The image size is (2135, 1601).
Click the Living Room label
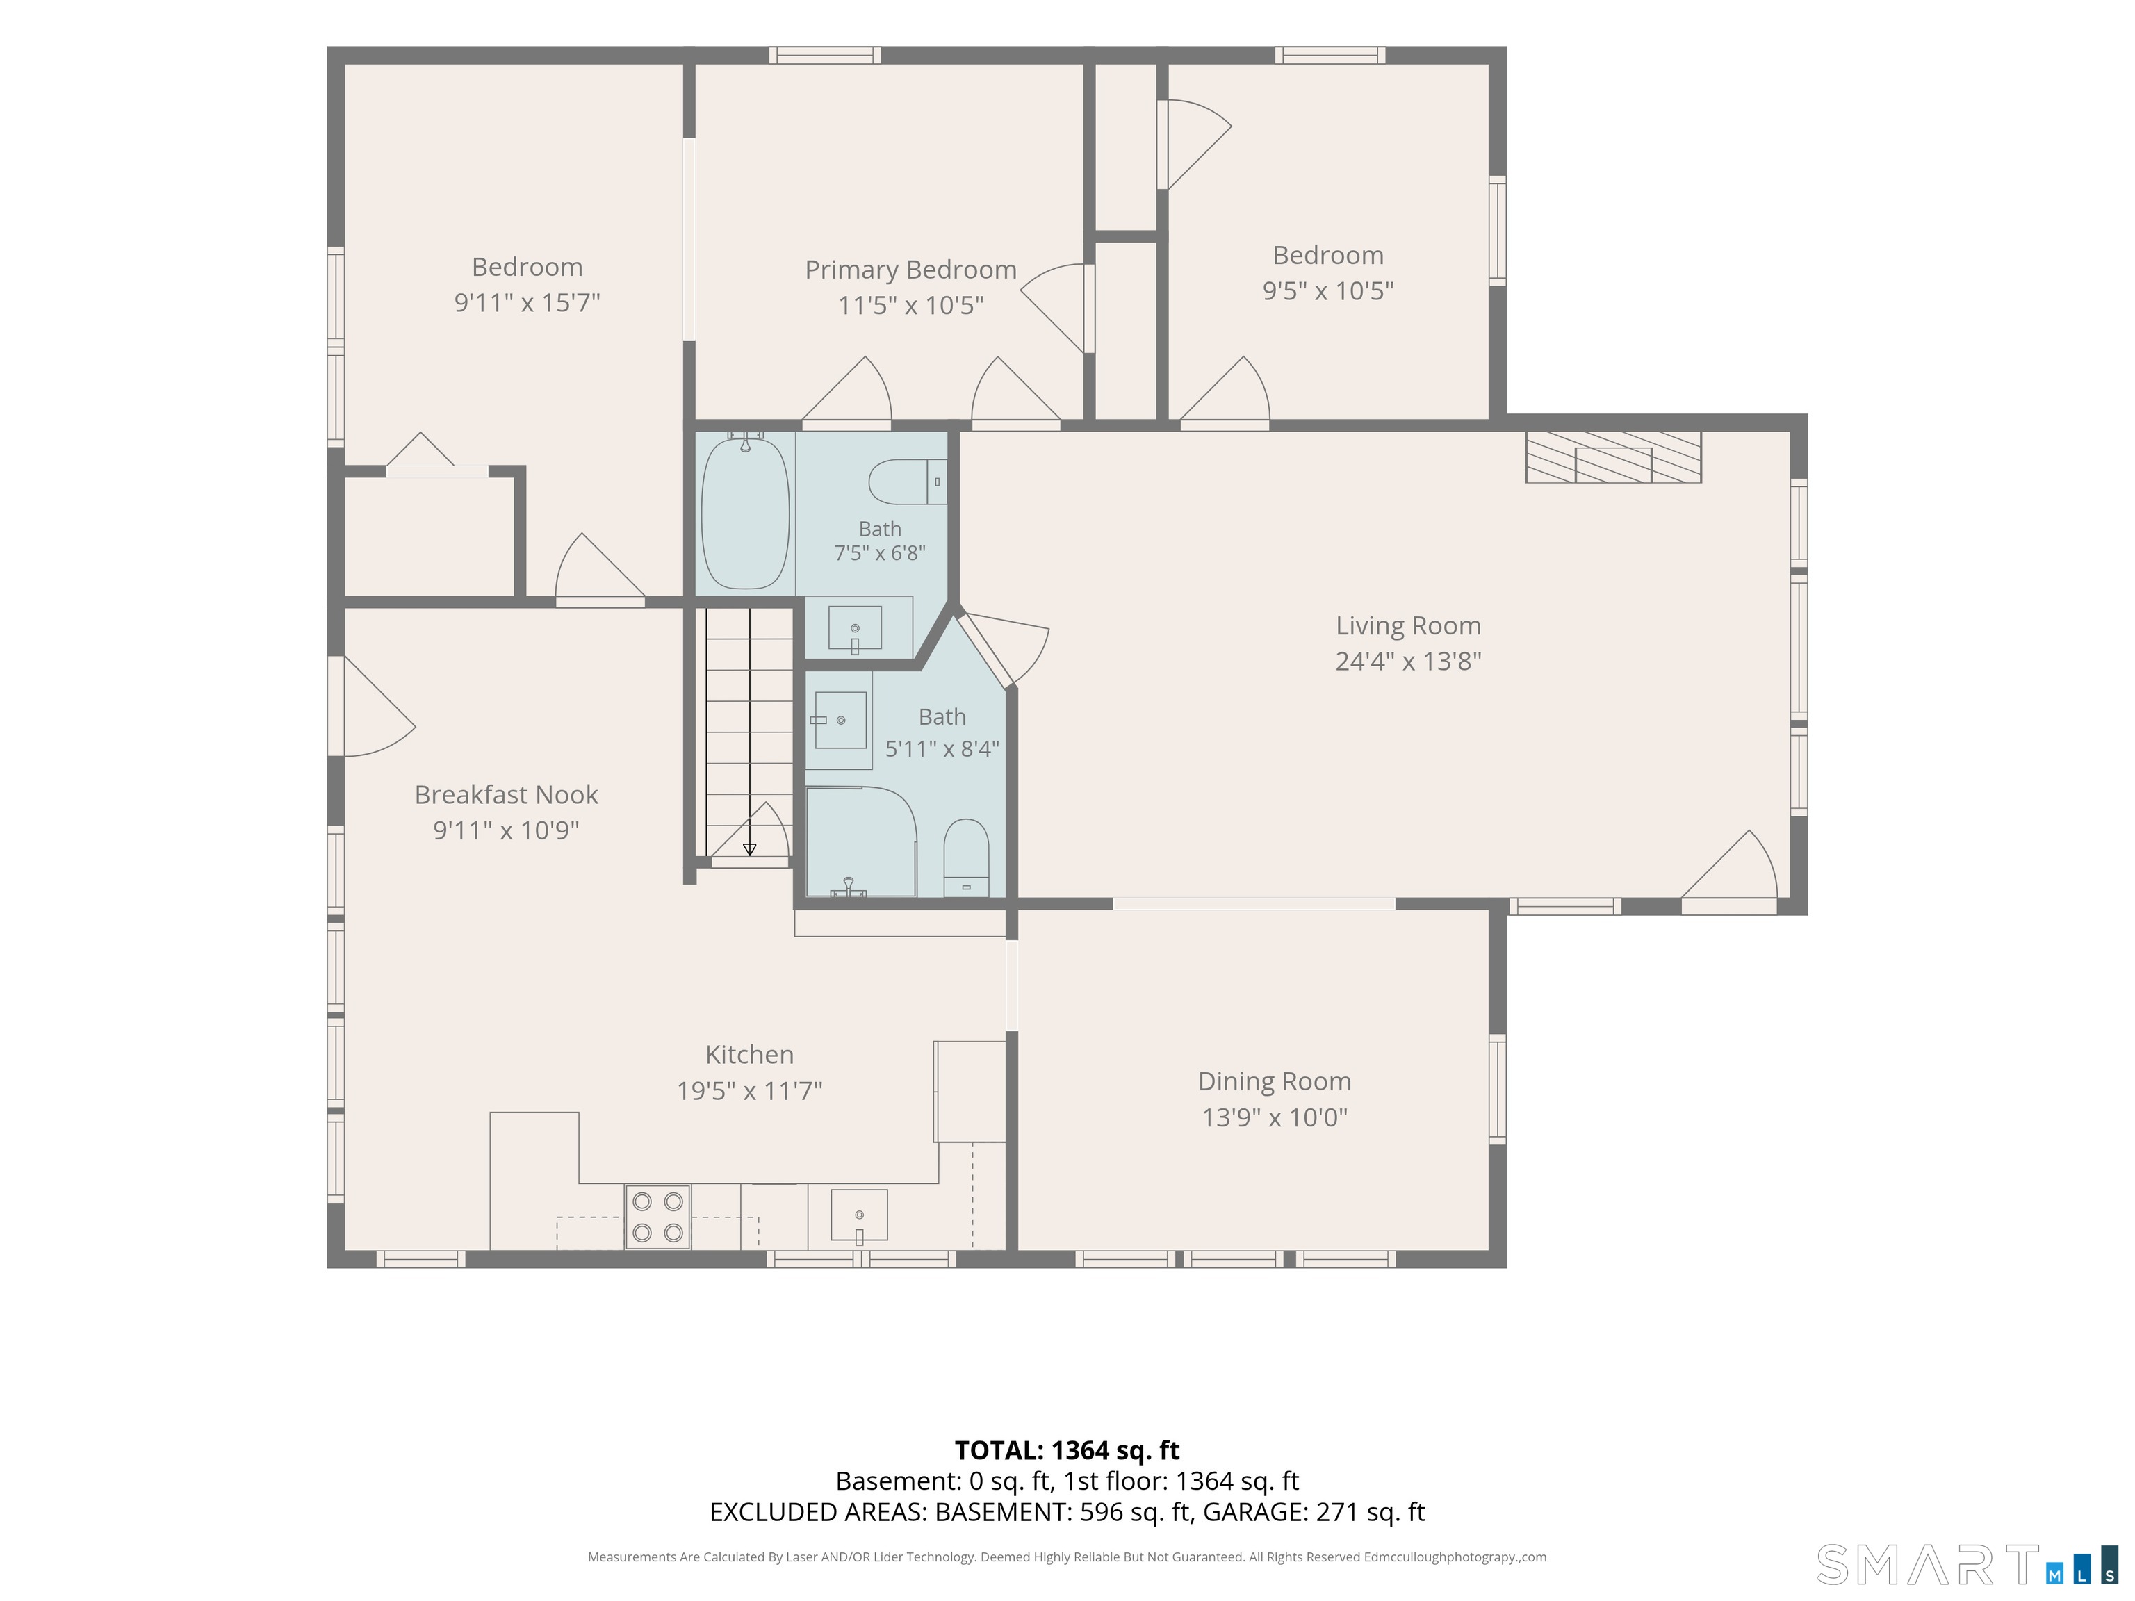(1408, 625)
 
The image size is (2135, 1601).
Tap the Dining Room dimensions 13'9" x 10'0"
(1274, 1117)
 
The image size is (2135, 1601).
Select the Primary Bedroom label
(911, 269)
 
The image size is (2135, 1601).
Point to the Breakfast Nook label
(506, 794)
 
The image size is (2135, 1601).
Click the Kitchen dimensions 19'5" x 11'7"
(749, 1090)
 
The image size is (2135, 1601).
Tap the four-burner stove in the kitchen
(657, 1217)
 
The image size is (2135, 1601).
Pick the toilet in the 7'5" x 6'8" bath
(907, 482)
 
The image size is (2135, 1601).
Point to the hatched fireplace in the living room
(1613, 457)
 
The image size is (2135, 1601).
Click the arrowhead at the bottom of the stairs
(750, 851)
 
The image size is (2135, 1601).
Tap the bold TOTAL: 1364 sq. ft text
(1067, 1450)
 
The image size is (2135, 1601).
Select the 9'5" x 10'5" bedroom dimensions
(1328, 290)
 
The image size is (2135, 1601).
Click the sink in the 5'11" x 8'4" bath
(840, 720)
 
